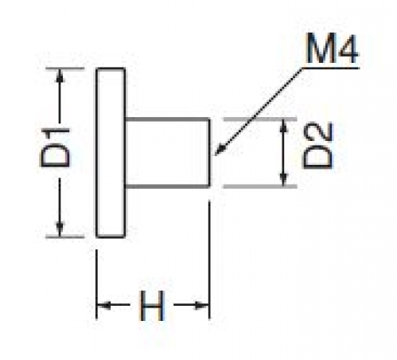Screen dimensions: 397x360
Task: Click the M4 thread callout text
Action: (332, 49)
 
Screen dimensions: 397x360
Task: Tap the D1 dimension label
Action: (55, 147)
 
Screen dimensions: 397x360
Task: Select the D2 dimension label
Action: (317, 145)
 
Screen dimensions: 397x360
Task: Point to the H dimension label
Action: (152, 306)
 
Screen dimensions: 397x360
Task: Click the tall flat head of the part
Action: (111, 152)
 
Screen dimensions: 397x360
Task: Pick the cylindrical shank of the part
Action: (168, 153)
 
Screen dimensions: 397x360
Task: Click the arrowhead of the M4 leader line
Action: (220, 150)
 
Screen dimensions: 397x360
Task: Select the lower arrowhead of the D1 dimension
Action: (60, 229)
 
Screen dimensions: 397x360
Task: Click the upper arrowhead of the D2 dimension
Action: (284, 127)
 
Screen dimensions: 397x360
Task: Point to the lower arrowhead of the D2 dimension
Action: (284, 178)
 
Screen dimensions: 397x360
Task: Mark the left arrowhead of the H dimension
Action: (104, 305)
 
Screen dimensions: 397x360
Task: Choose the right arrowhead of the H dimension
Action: (202, 305)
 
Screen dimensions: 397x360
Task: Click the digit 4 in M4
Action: (347, 49)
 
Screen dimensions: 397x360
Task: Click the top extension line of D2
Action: (260, 119)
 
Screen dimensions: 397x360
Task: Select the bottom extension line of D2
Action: (260, 186)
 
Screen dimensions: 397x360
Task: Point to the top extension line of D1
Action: (65, 68)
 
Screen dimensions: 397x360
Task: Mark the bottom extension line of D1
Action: (65, 237)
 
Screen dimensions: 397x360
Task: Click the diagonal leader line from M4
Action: (259, 112)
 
